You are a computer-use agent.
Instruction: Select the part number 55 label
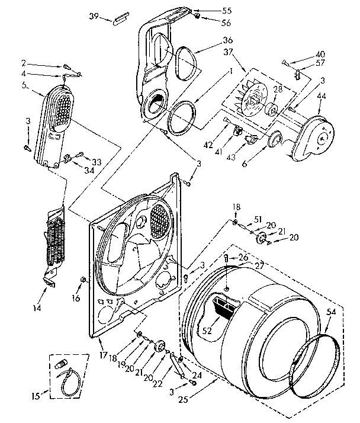(x=210, y=11)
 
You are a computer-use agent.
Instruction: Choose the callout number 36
(x=210, y=40)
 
